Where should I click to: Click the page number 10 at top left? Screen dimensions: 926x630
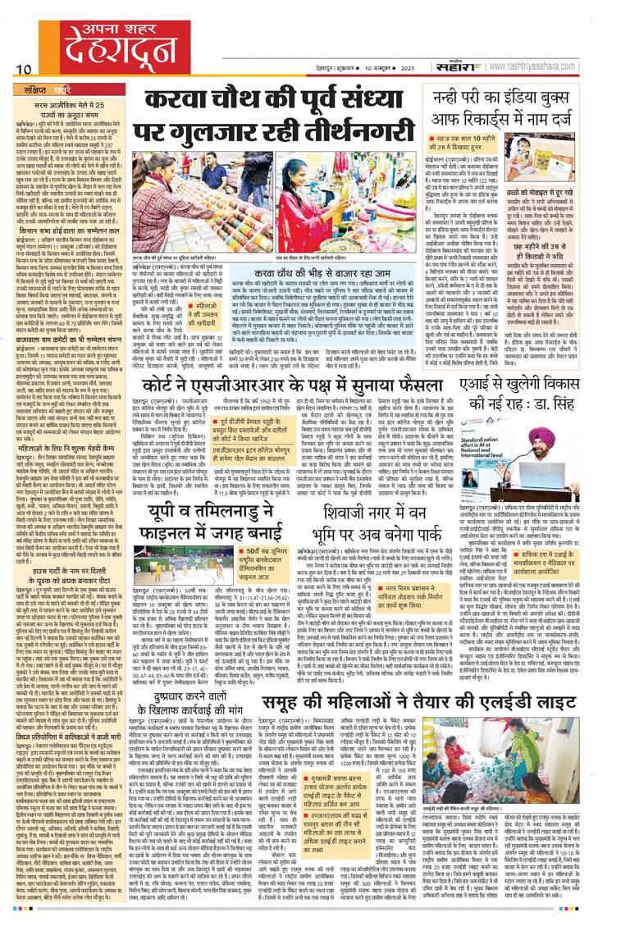click(21, 69)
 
